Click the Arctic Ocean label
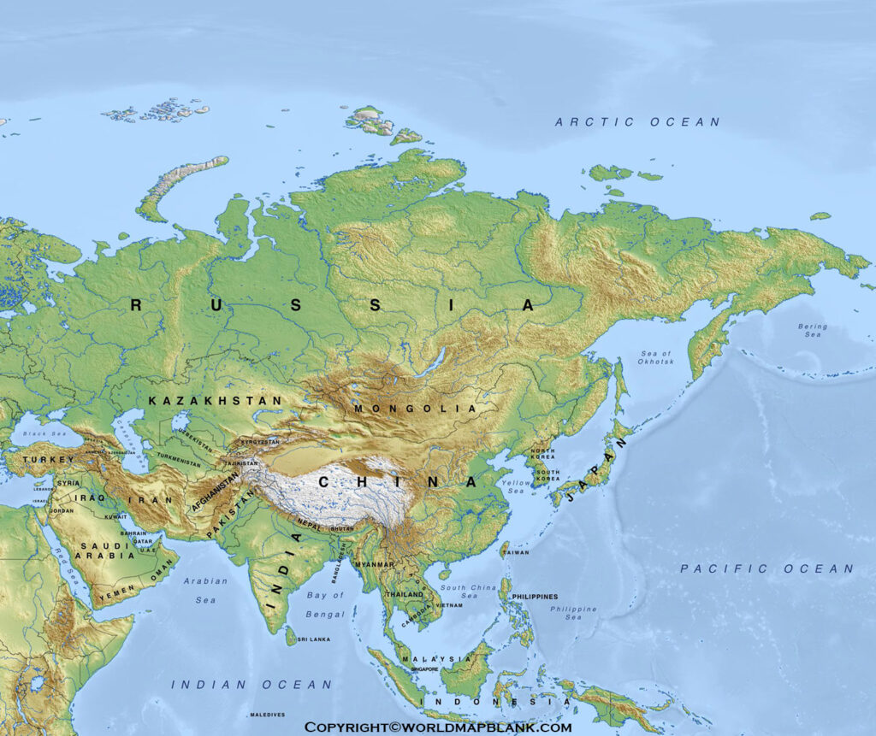click(637, 122)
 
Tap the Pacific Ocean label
click(766, 568)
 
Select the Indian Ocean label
click(252, 685)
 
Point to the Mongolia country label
click(416, 409)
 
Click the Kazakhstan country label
click(215, 400)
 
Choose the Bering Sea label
click(812, 331)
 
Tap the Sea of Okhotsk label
click(655, 357)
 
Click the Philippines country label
click(535, 597)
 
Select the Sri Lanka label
click(314, 639)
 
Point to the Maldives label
click(268, 715)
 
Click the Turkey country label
click(49, 460)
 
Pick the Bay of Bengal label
click(325, 604)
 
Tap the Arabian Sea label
click(205, 590)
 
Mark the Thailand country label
click(405, 594)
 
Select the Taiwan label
click(516, 552)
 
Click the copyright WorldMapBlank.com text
click(438, 727)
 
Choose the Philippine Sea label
click(573, 613)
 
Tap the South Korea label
click(547, 475)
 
